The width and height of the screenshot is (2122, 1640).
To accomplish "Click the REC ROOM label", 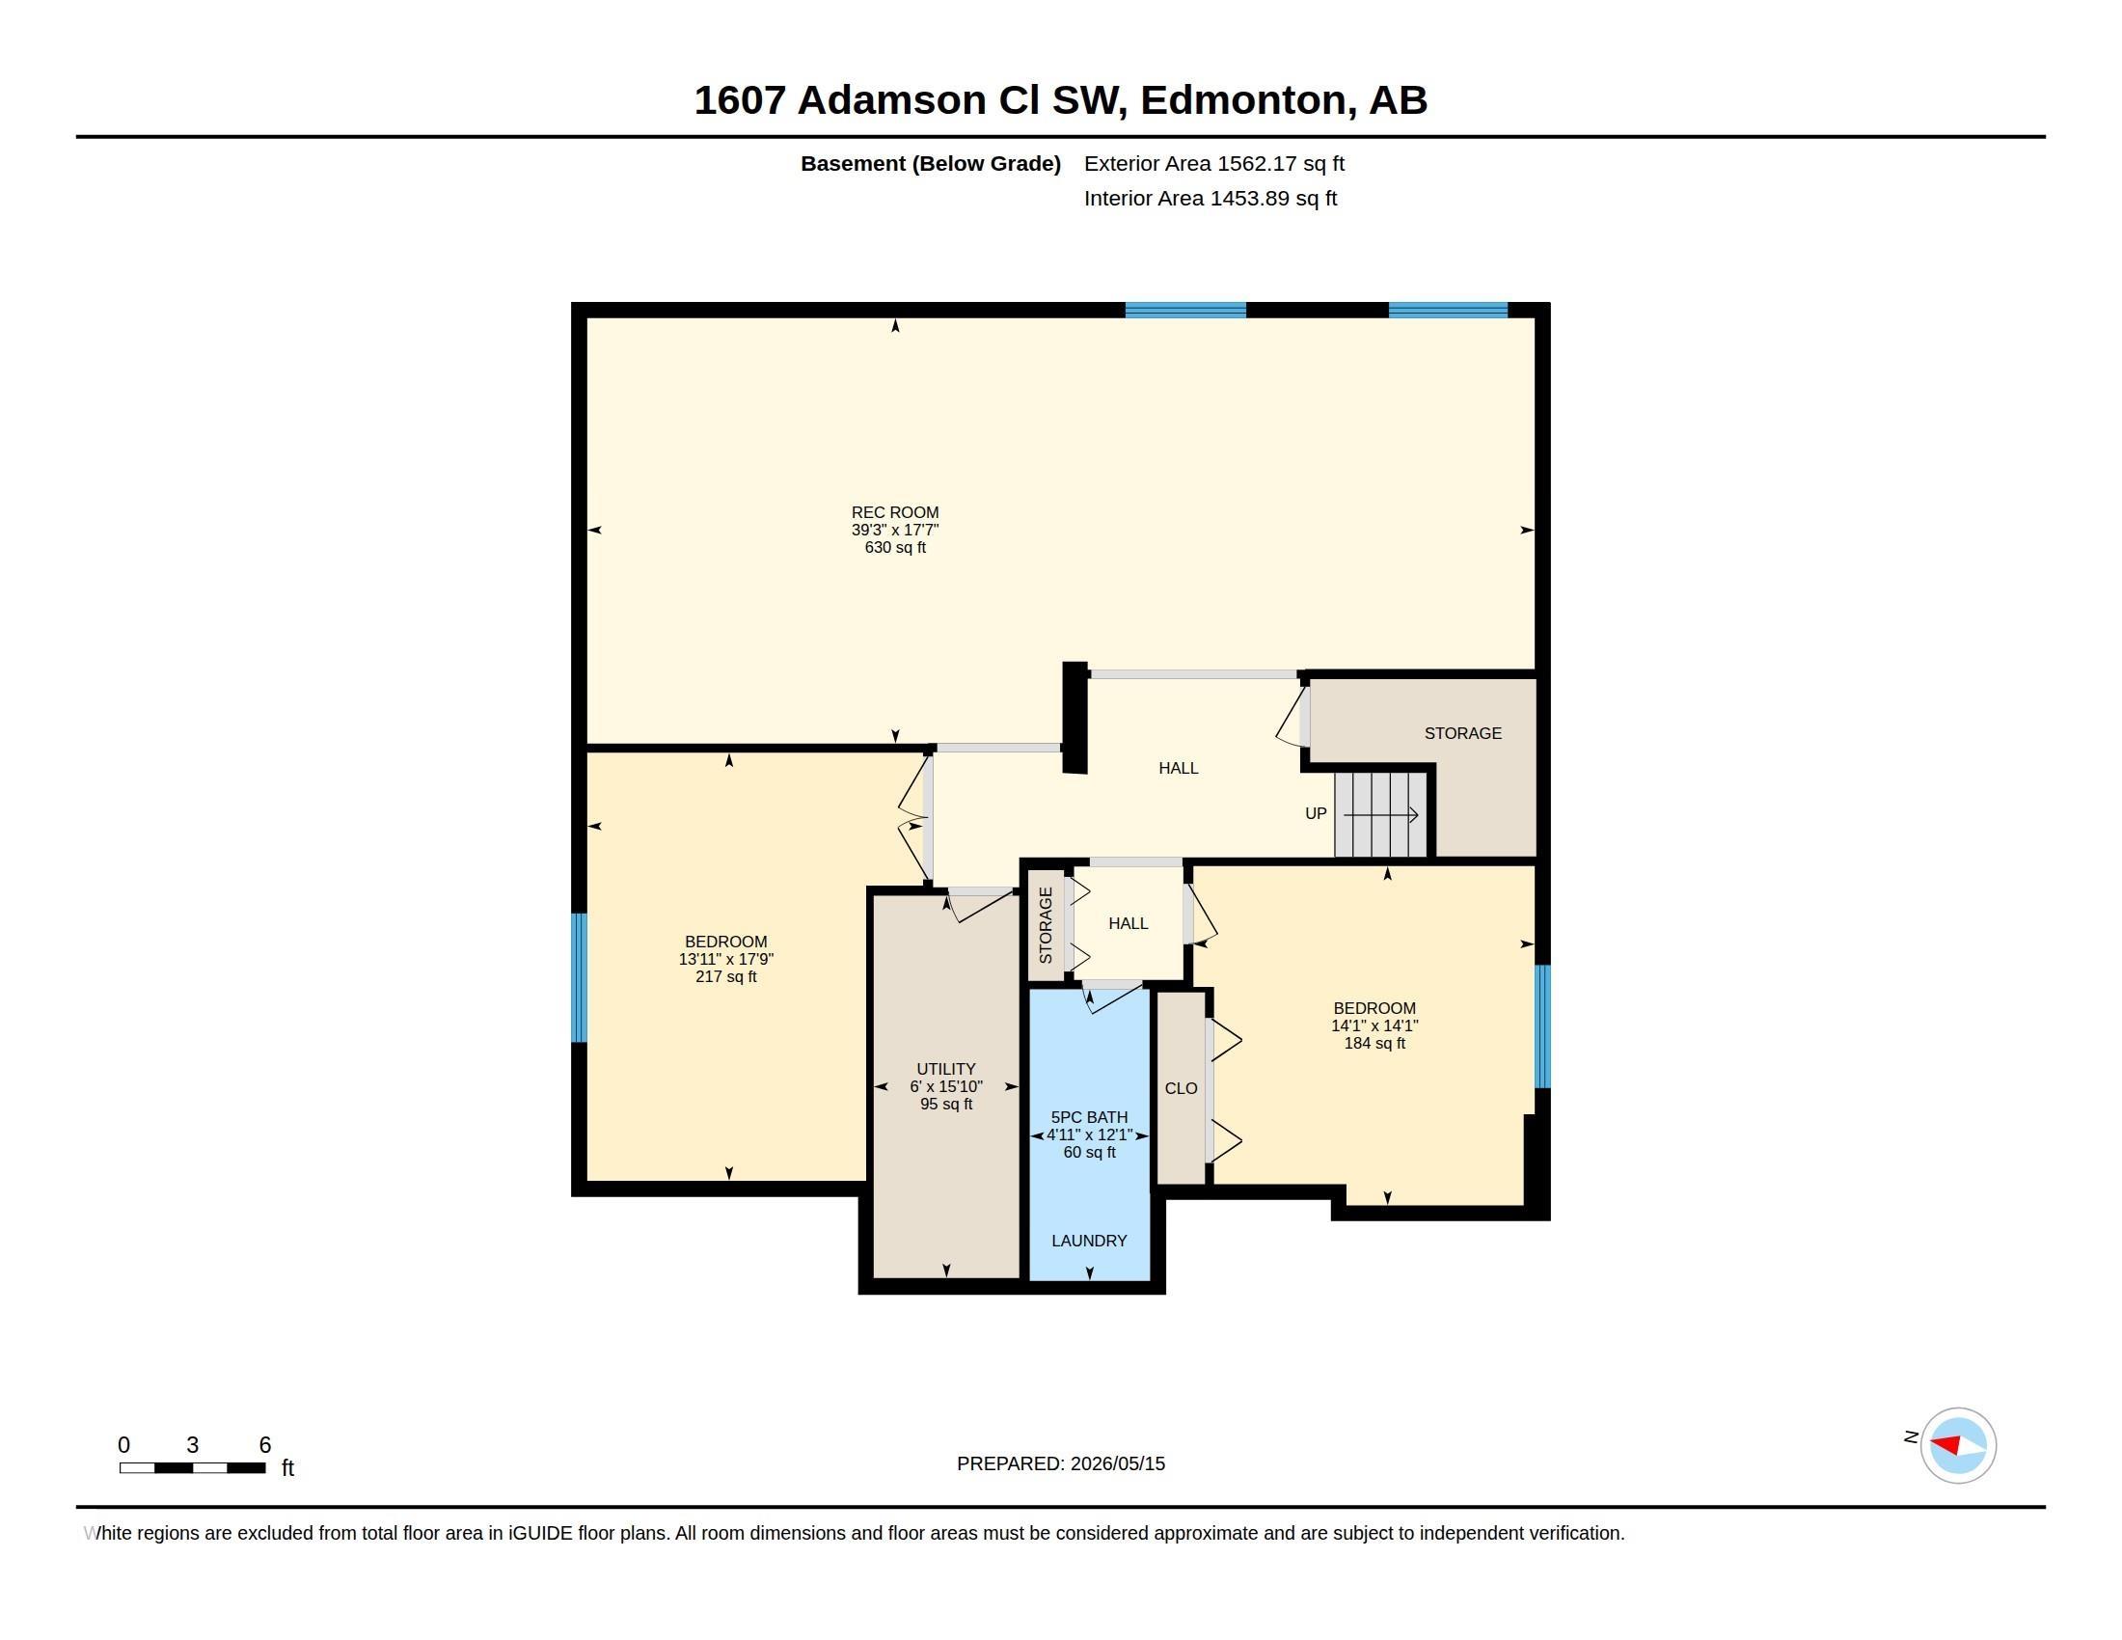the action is pos(895,512).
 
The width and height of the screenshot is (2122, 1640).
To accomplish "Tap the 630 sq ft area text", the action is pos(895,547).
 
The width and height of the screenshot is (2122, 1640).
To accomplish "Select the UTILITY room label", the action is pos(945,1069).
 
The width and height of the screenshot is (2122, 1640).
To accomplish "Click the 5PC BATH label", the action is pos(1089,1117).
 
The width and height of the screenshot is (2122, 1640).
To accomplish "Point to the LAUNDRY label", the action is pos(1089,1241).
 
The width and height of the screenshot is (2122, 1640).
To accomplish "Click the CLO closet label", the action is pos(1181,1088).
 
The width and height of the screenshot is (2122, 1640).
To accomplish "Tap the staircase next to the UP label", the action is pos(1379,814).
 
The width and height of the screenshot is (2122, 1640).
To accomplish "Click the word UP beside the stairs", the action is pos(1316,813).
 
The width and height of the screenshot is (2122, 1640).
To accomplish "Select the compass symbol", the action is pos(1958,1446).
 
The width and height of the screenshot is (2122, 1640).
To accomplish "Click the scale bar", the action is pos(192,1468).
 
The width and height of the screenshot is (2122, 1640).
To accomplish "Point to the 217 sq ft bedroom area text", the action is pos(725,976).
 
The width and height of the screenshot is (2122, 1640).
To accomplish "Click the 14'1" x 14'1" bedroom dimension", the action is pos(1374,1026).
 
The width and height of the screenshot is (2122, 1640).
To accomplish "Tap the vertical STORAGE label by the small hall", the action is pos(1046,925).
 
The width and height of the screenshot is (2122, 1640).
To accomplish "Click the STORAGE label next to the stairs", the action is pos(1462,733).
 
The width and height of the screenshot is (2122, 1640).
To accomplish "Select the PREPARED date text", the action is pos(1061,1463).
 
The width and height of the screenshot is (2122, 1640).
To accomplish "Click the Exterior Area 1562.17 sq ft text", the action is pos(1214,163).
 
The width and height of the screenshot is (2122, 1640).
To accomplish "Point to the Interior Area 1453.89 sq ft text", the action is pos(1211,198).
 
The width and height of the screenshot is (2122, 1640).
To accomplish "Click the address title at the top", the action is pos(1061,100).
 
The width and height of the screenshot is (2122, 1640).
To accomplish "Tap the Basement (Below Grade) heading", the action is pos(931,163).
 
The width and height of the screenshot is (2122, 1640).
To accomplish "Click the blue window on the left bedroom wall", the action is pos(579,977).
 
